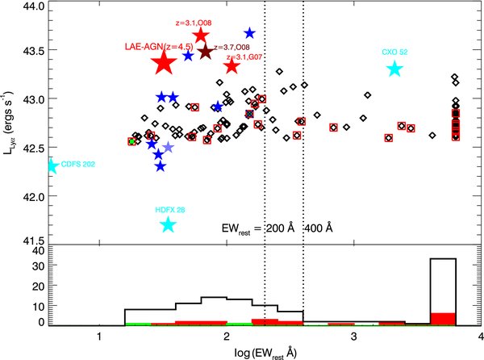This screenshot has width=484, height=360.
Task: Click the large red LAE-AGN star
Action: pyautogui.click(x=164, y=63)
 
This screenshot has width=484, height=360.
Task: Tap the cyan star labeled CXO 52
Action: pyautogui.click(x=394, y=69)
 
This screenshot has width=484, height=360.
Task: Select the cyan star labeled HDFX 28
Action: pyautogui.click(x=168, y=224)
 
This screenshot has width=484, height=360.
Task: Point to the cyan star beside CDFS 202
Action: pyautogui.click(x=52, y=166)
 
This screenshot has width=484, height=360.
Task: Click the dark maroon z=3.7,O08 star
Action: pyautogui.click(x=206, y=52)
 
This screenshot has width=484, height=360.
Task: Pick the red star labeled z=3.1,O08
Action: pyautogui.click(x=202, y=36)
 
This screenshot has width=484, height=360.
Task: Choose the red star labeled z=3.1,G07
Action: pyautogui.click(x=232, y=65)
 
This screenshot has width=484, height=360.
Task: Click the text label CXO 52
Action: pyautogui.click(x=395, y=52)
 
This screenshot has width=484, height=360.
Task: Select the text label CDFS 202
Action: pyautogui.click(x=78, y=165)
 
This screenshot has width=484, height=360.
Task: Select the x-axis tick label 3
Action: pyautogui.click(x=353, y=336)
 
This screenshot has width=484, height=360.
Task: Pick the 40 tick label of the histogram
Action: pyautogui.click(x=36, y=251)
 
